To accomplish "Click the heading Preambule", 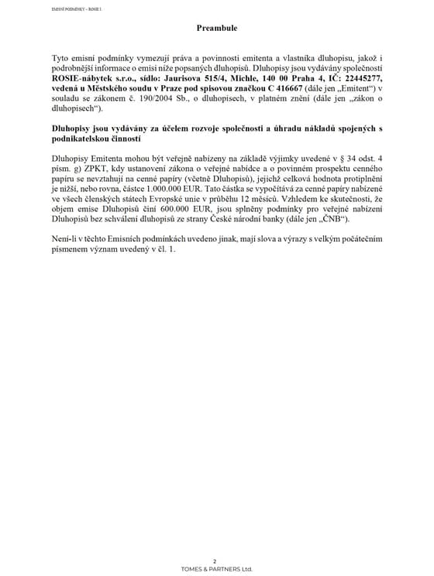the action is [216, 28].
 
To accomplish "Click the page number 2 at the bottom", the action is [216, 560].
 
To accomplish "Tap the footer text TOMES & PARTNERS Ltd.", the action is [216, 568].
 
